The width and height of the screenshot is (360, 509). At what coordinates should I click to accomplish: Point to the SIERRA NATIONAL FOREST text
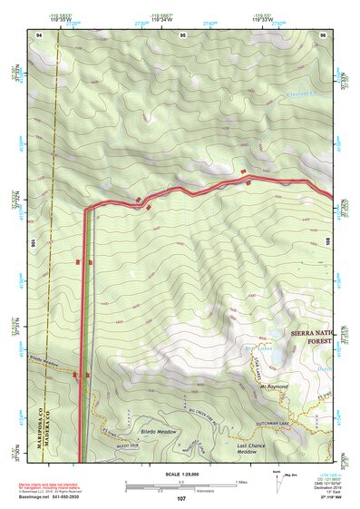pos(313,337)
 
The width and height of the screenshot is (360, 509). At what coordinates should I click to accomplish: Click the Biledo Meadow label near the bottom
pos(156,432)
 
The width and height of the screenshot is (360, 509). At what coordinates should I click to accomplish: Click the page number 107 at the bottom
pos(181,499)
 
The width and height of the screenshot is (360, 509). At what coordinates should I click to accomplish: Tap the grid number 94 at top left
pos(40,34)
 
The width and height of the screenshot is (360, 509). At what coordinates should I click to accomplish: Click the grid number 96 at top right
pos(323,34)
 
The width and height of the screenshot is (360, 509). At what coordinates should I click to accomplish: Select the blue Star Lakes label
pos(234,347)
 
